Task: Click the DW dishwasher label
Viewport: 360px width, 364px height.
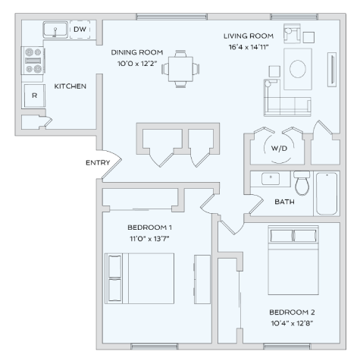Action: pos(80,30)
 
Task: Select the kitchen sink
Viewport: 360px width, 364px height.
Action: pos(55,30)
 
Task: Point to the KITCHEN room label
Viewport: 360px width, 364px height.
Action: pos(70,86)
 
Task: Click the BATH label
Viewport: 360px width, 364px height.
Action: pos(285,202)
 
